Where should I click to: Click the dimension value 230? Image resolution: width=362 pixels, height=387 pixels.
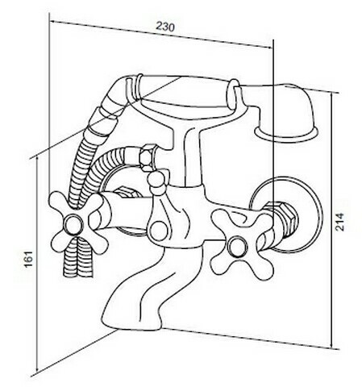point(165,27)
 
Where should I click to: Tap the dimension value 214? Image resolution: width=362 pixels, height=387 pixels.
point(340,222)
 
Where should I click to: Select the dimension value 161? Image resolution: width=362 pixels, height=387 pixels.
point(29,259)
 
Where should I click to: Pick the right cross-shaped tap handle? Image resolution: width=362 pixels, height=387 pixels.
point(243,243)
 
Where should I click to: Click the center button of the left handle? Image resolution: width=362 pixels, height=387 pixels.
point(73,223)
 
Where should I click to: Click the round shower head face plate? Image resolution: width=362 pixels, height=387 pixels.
point(286,134)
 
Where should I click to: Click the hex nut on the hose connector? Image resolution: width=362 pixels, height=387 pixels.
point(148,158)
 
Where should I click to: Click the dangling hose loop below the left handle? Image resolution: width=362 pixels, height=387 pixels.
point(77,258)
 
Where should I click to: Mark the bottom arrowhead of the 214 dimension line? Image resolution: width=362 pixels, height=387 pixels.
point(332,345)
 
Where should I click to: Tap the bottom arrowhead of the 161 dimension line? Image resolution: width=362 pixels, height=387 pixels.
point(37,369)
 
